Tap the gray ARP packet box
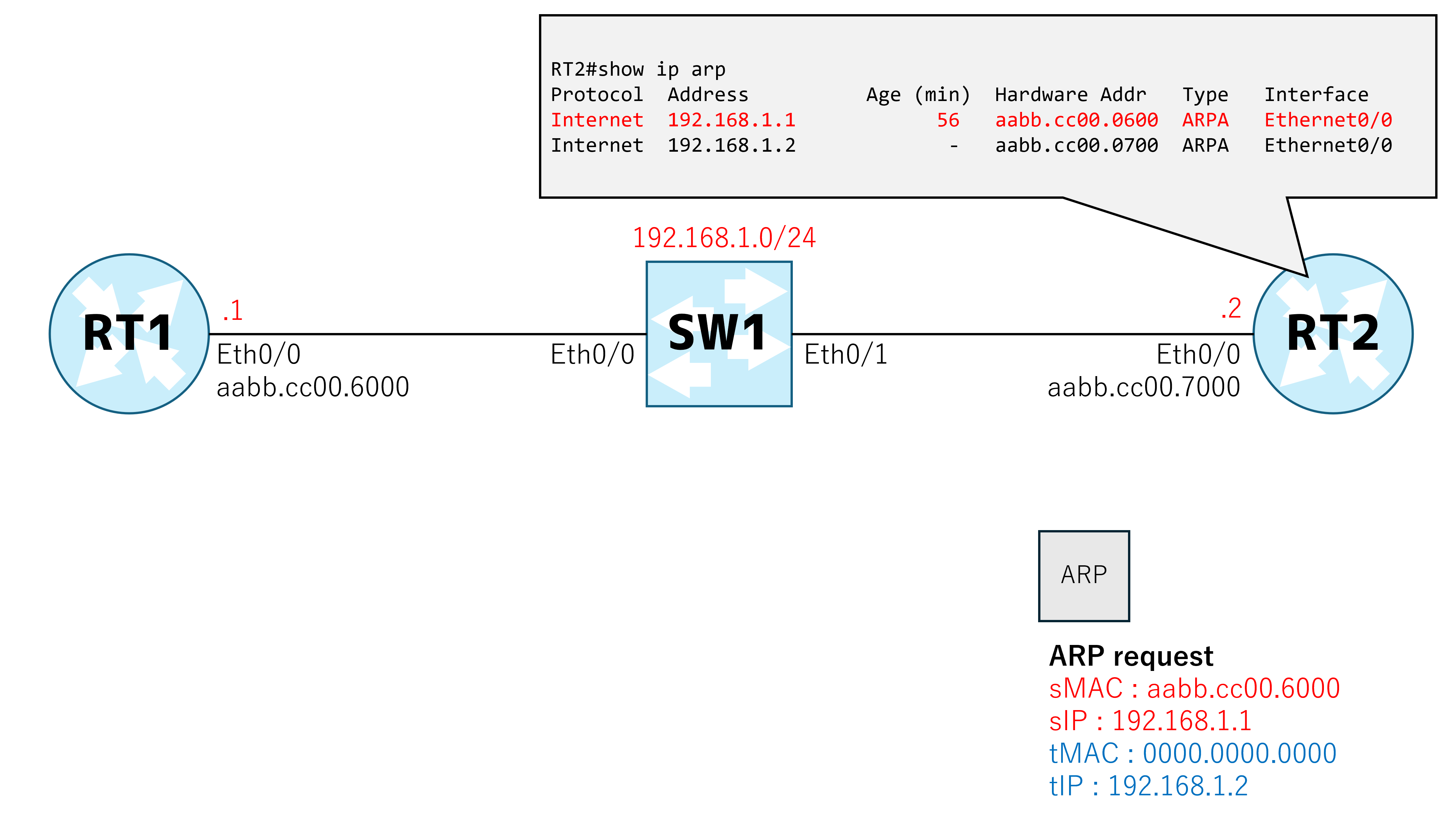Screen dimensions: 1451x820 tap(1084, 576)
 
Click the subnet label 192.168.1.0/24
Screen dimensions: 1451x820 tap(724, 238)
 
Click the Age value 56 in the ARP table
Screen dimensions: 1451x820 tap(948, 120)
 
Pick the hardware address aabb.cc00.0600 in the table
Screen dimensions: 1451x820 tap(1076, 120)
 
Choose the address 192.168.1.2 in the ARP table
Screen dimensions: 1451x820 tap(731, 145)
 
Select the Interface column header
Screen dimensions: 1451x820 tap(1316, 95)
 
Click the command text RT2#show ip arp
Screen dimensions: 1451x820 tap(638, 70)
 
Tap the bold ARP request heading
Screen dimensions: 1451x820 tap(1131, 656)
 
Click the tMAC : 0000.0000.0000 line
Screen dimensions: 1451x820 tap(1192, 754)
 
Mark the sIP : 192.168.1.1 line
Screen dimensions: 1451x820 tap(1150, 721)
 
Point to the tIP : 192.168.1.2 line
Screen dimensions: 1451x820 tap(1148, 786)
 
